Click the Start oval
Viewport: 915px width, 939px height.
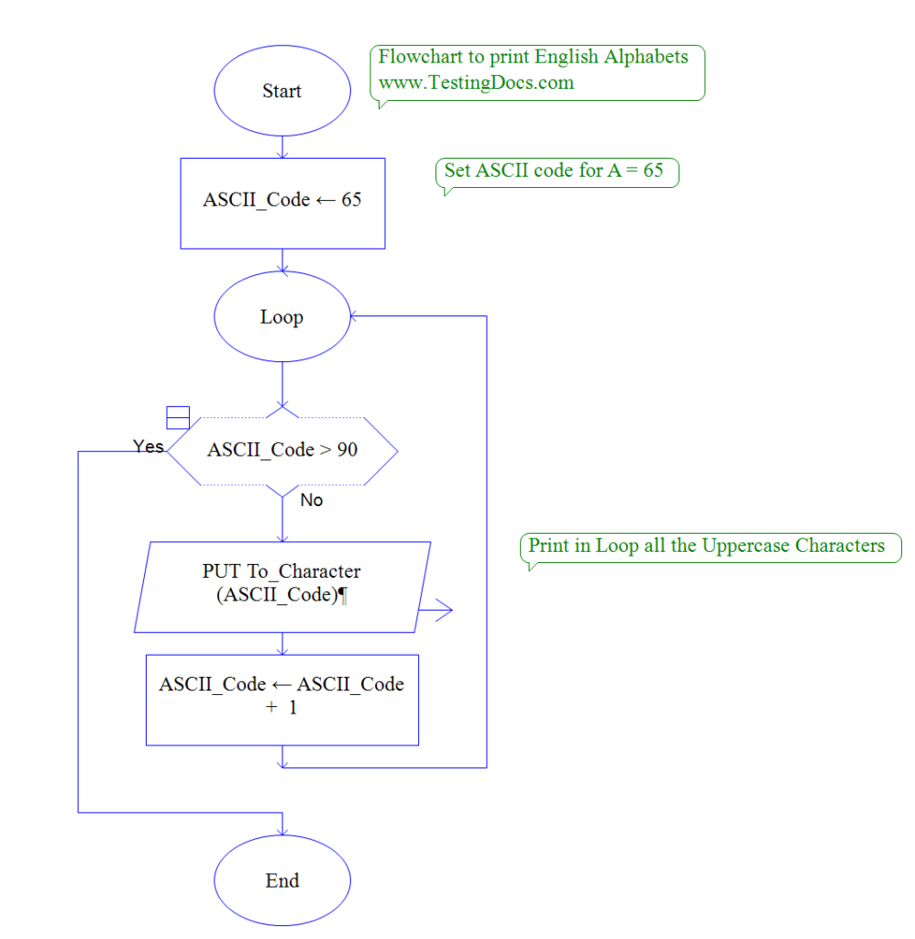coord(282,92)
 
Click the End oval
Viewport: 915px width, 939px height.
coord(282,881)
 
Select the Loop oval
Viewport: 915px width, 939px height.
coord(282,317)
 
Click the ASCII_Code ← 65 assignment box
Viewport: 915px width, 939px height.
coord(282,202)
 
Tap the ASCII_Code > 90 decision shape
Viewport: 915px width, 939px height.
coord(282,450)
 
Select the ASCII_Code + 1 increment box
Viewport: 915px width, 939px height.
coord(282,698)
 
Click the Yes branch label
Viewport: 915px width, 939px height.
coord(149,447)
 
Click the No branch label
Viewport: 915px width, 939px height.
coord(312,501)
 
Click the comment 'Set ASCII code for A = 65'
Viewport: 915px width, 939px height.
coord(555,171)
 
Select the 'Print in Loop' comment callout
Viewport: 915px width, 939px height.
coord(707,547)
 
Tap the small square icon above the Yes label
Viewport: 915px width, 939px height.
coord(178,417)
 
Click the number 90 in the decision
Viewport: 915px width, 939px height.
coord(347,450)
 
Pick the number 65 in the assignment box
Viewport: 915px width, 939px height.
coord(351,200)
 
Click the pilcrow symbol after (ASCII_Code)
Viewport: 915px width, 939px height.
coord(342,595)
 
